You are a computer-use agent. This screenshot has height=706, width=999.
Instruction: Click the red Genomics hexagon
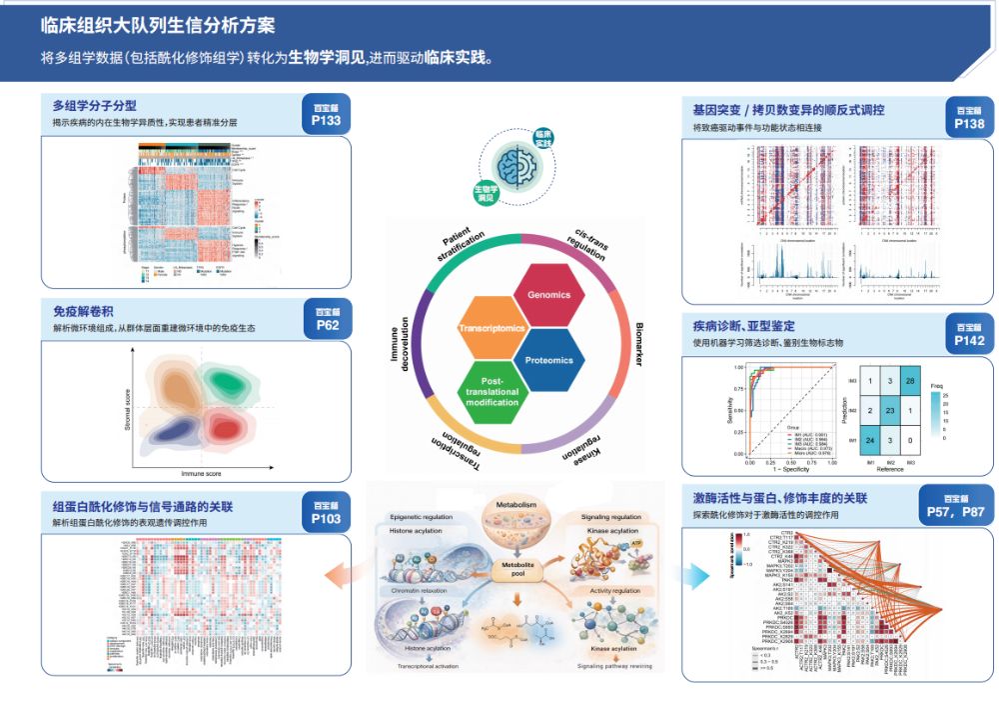click(x=549, y=295)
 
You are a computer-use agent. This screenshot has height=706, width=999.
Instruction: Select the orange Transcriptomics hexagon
click(x=491, y=329)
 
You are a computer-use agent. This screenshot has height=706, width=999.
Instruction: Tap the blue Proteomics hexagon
click(x=549, y=360)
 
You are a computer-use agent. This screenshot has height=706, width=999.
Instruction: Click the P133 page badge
click(x=326, y=115)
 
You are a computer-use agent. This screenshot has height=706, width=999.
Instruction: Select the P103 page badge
click(x=326, y=513)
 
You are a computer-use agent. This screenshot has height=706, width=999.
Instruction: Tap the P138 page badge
click(x=968, y=118)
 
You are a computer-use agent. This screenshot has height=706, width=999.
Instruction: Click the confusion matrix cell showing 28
click(x=910, y=381)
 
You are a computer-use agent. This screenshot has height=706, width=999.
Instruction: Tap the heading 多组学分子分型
click(x=95, y=105)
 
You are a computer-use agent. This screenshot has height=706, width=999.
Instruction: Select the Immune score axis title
click(x=202, y=470)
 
